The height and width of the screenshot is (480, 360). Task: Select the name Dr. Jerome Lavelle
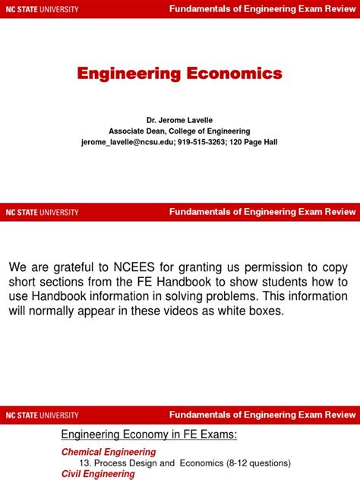179,120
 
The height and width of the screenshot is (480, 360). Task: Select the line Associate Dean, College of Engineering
179,131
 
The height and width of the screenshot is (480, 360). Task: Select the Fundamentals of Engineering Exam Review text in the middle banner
262,212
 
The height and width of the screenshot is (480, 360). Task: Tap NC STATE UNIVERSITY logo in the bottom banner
43,415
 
